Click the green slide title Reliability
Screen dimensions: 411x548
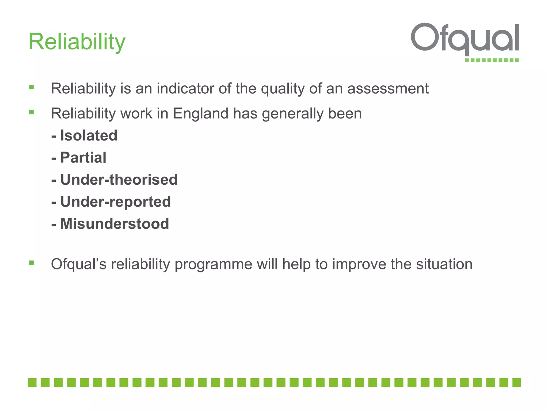pos(77,42)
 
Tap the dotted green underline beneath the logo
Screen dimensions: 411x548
pos(492,60)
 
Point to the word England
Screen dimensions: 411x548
pos(200,113)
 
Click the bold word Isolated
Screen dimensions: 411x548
pos(89,135)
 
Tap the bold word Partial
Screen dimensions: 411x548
pos(83,158)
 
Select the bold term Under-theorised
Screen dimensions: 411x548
pos(119,180)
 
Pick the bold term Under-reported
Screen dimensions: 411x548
pos(115,202)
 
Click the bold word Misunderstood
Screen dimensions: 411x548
pos(115,224)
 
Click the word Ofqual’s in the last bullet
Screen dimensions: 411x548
pos(79,264)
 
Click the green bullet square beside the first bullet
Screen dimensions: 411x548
pos(32,87)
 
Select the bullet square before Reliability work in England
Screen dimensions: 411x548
pos(32,112)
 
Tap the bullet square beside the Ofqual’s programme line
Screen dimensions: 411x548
pos(32,263)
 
